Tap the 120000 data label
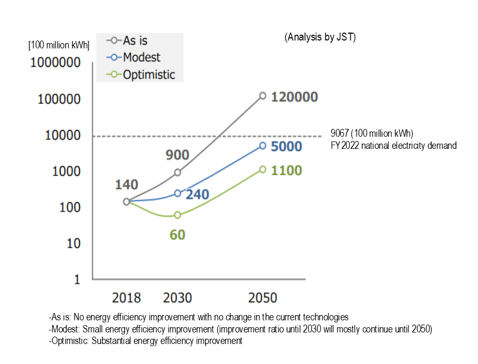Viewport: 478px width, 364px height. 294,97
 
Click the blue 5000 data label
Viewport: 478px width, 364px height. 286,146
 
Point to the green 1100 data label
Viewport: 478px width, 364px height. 286,170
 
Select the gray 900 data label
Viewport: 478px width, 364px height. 177,155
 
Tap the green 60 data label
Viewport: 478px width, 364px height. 177,235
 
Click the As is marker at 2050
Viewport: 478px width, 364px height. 262,96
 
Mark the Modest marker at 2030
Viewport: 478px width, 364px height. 177,194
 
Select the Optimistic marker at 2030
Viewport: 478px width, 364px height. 177,215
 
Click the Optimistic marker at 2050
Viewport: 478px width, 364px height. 262,169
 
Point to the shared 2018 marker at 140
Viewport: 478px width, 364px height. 127,201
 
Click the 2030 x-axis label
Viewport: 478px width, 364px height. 178,298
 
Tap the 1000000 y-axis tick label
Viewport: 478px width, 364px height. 55,63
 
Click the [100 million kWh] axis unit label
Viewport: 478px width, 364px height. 59,45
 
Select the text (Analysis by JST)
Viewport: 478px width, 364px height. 320,37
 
